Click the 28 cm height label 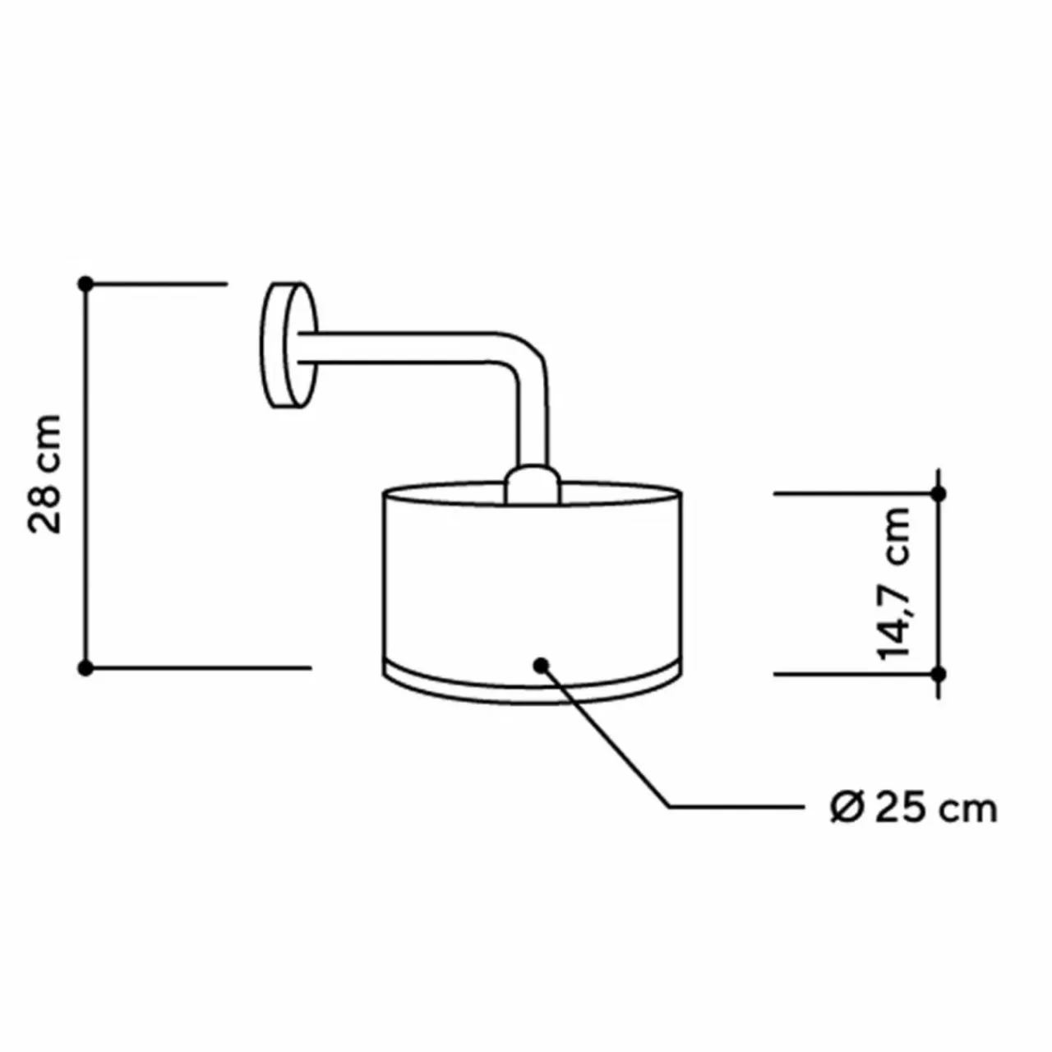pyautogui.click(x=44, y=473)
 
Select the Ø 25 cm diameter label pyautogui.click(x=914, y=809)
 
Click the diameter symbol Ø pyautogui.click(x=847, y=809)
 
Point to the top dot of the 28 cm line pyautogui.click(x=85, y=284)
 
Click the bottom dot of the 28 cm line pyautogui.click(x=85, y=667)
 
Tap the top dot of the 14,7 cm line pyautogui.click(x=939, y=494)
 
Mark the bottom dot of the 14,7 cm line pyautogui.click(x=939, y=674)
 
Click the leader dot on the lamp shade pyautogui.click(x=541, y=664)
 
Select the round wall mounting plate pyautogui.click(x=288, y=345)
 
